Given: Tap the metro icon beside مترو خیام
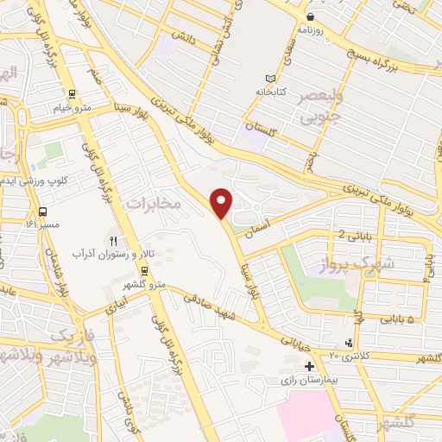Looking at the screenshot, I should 71,96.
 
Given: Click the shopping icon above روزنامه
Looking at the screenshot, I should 310,16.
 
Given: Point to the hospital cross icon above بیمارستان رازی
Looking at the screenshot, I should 309,366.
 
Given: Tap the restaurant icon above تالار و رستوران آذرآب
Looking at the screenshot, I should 112,240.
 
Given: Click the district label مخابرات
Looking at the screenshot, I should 155,204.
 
